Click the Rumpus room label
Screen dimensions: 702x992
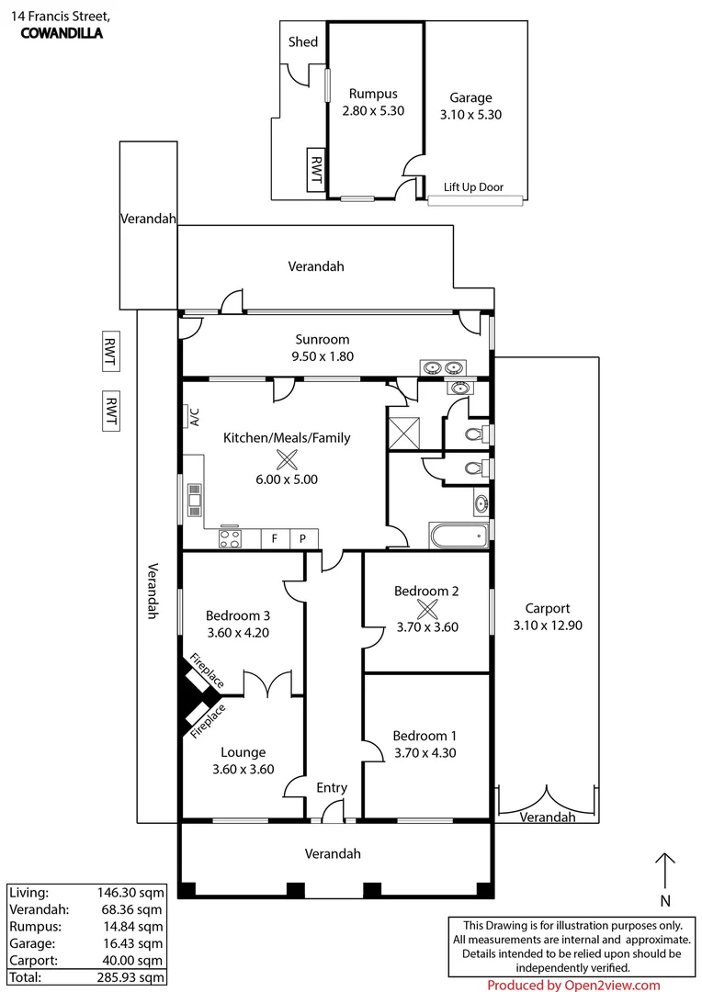click(x=373, y=94)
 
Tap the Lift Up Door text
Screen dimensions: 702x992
click(x=473, y=186)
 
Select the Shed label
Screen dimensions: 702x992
click(x=302, y=41)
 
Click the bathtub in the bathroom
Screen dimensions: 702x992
click(x=459, y=535)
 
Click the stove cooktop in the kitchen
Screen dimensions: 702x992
click(x=230, y=538)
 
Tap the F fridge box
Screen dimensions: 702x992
click(x=275, y=538)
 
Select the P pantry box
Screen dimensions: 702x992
click(x=303, y=538)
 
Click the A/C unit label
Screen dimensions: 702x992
click(x=194, y=417)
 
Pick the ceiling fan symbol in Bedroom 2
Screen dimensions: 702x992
click(x=427, y=609)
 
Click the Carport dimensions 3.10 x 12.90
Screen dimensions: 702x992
click(x=548, y=626)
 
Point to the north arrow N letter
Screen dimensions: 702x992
click(x=664, y=900)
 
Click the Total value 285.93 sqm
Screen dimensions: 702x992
click(x=130, y=976)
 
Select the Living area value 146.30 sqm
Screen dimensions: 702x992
click(x=130, y=893)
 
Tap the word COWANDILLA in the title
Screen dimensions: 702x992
click(x=62, y=34)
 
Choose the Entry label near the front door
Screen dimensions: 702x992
click(x=332, y=788)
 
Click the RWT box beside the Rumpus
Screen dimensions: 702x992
click(x=315, y=170)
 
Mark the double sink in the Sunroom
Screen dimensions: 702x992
click(x=443, y=366)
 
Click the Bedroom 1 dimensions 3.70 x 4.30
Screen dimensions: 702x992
click(x=425, y=753)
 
